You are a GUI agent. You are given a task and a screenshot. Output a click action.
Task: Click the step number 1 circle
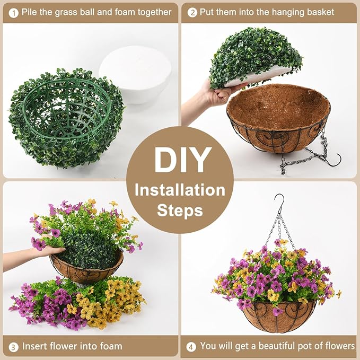(x=12, y=12)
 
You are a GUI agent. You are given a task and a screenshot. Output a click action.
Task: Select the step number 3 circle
(x=12, y=347)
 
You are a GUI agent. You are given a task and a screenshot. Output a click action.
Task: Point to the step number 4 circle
(x=191, y=347)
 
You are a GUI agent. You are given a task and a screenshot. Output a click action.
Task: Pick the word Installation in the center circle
(x=179, y=189)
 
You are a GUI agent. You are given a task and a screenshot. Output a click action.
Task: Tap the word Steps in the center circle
(x=179, y=210)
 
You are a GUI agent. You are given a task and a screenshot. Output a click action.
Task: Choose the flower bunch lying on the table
(x=80, y=302)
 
